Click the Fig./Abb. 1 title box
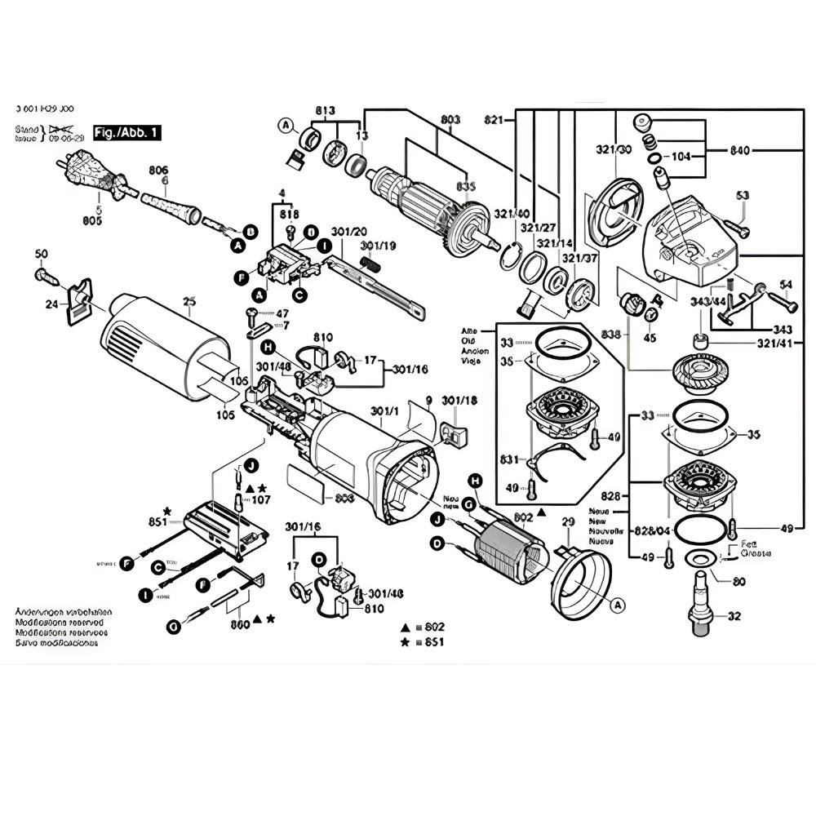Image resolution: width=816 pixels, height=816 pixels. tap(128, 131)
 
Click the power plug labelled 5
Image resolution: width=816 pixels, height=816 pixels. tap(92, 175)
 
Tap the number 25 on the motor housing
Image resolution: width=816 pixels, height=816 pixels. tap(189, 301)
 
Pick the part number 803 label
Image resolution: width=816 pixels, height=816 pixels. tap(450, 120)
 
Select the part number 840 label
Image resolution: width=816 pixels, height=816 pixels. tap(740, 150)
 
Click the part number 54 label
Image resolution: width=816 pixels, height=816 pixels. tap(786, 285)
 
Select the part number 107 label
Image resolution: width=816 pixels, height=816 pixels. tap(260, 498)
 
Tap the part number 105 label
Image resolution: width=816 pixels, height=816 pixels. tap(226, 415)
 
